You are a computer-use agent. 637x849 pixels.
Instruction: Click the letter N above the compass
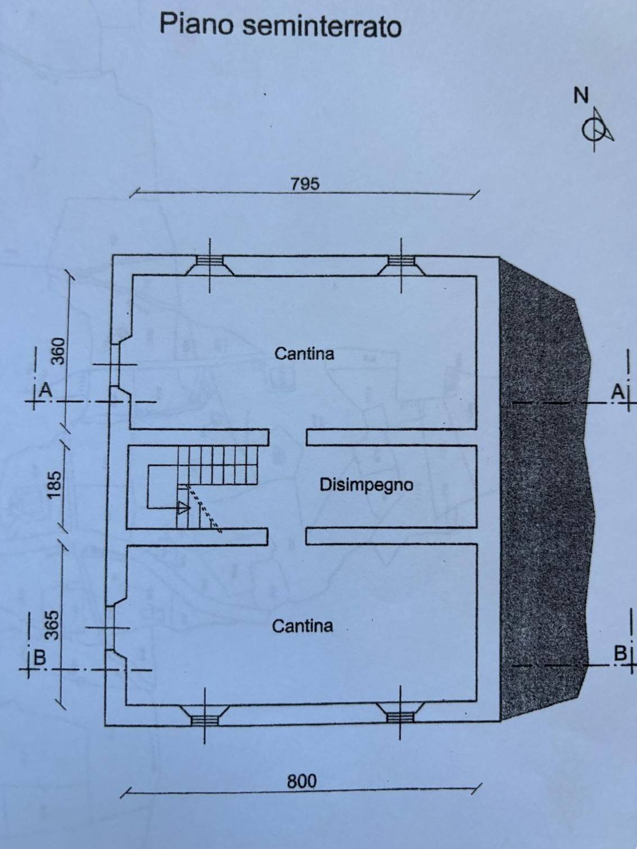click(581, 96)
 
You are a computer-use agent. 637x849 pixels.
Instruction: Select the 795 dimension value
click(305, 184)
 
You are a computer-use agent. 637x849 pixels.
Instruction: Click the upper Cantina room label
click(304, 354)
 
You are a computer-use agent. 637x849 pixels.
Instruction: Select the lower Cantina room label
click(302, 626)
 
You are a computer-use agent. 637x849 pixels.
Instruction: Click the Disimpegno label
click(366, 485)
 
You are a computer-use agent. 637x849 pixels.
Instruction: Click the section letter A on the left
click(46, 391)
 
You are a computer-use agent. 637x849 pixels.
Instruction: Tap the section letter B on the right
click(620, 653)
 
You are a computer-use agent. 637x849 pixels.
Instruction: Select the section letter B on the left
click(40, 657)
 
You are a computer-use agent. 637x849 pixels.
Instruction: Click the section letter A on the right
click(617, 392)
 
